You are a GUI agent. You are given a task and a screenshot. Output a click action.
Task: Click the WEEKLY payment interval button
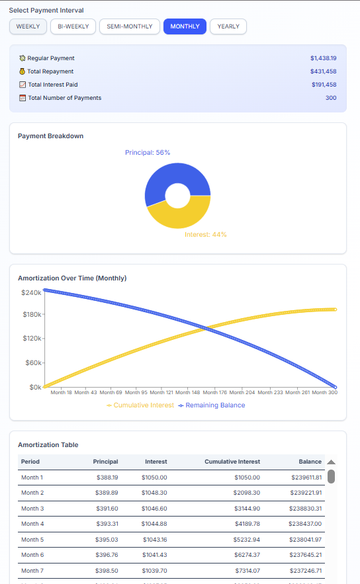point(28,26)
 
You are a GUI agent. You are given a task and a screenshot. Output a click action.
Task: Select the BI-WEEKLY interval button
point(73,26)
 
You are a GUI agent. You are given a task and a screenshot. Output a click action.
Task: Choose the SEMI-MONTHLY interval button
point(130,26)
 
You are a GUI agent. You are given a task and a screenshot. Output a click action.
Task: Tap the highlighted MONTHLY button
point(185,26)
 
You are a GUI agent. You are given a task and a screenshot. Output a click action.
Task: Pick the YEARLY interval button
point(228,26)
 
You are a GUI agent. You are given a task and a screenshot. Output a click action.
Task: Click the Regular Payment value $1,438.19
point(324,58)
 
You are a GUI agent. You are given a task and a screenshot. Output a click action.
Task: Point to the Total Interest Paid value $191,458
point(324,85)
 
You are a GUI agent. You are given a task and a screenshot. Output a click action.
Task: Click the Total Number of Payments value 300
point(330,98)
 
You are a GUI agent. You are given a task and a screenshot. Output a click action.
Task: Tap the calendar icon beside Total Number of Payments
point(22,98)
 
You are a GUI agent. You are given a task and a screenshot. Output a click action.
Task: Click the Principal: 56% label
point(148,153)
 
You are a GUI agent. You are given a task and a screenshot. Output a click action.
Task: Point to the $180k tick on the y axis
point(32,315)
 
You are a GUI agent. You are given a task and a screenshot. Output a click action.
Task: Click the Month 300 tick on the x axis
point(324,392)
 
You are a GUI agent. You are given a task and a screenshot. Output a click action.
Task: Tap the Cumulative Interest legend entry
point(140,405)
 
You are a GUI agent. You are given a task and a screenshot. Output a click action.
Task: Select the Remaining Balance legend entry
point(212,405)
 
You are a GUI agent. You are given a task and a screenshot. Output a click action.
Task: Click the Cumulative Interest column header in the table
point(232,462)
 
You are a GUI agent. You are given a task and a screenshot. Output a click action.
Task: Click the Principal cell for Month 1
point(107,477)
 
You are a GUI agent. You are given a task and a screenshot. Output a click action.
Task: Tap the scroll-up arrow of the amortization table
point(331,462)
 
